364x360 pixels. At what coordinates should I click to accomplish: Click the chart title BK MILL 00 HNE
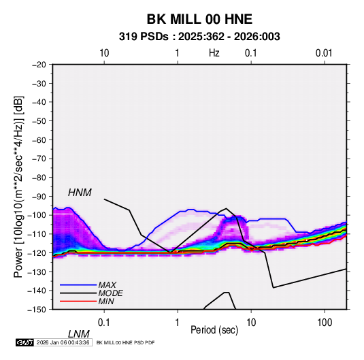199,19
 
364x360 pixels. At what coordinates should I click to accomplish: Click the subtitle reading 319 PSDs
144,37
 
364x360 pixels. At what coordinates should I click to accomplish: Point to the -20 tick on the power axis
39,65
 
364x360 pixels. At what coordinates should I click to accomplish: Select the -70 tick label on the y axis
39,159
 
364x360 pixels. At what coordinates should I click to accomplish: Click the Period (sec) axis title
214,330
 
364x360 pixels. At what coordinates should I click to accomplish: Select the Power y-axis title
18,186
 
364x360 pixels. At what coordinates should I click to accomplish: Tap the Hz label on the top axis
214,53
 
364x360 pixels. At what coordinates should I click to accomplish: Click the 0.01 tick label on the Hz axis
324,53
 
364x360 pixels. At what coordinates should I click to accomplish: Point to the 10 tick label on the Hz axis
104,53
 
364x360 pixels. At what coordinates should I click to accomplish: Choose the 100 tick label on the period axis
325,323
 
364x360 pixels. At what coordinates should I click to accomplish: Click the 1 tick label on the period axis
178,323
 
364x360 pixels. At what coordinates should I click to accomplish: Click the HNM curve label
80,193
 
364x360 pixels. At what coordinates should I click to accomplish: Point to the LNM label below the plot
79,334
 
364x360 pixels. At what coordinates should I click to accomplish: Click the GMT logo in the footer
24,342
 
